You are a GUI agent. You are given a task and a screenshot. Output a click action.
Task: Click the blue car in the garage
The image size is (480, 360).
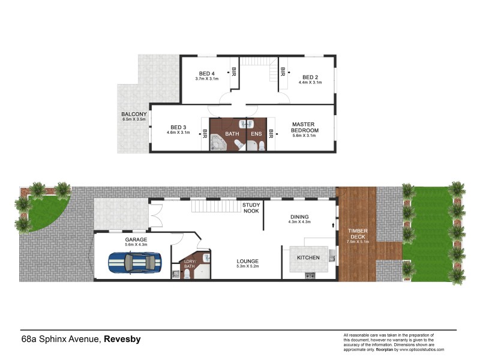point(135,262)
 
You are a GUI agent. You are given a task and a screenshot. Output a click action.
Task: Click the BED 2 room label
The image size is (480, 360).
point(310,77)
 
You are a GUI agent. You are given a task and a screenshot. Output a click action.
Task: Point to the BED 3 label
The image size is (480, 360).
point(178,127)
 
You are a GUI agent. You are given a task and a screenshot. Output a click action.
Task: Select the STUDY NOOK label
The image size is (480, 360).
point(251,208)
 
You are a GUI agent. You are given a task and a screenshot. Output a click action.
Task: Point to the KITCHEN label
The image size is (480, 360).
point(308,257)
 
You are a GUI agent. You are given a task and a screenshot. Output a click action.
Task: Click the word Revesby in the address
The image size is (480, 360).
point(122,339)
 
